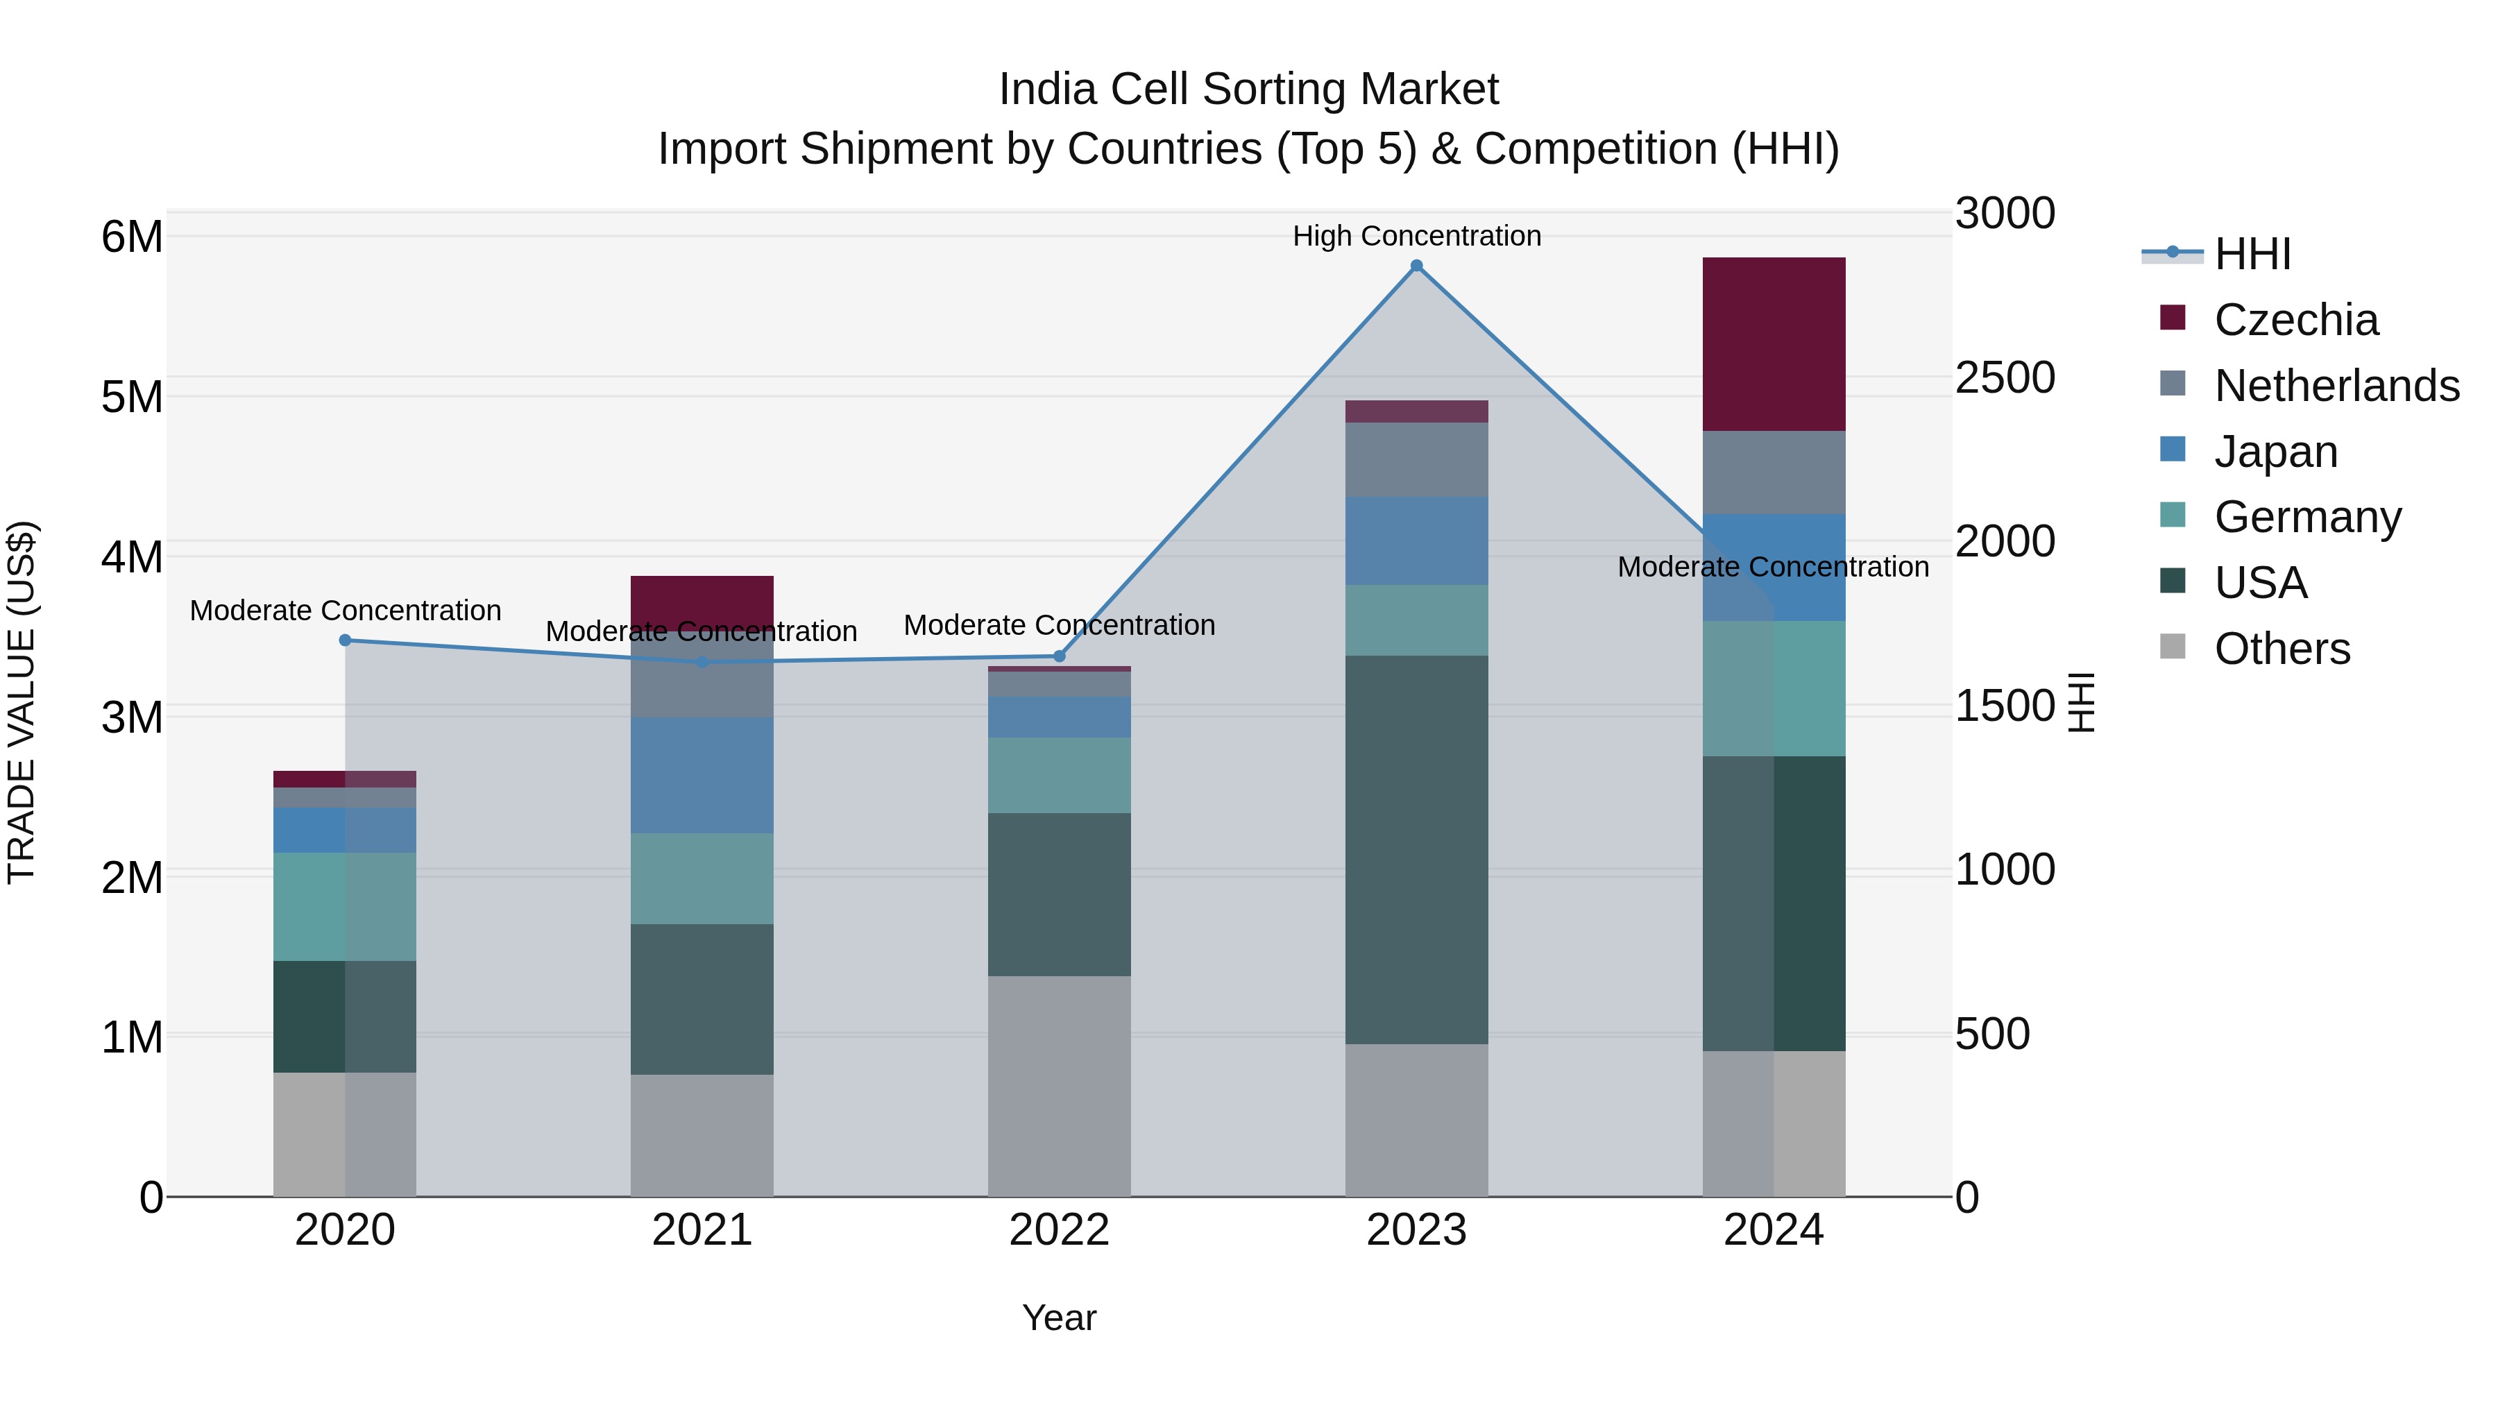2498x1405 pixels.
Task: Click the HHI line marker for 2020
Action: pos(346,640)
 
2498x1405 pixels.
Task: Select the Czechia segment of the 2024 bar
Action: pos(1774,344)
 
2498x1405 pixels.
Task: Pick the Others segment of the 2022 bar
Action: pos(1059,1086)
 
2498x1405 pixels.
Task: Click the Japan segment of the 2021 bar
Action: pos(702,776)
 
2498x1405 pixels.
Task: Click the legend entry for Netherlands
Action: pos(2335,386)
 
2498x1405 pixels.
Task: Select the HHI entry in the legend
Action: pos(2252,254)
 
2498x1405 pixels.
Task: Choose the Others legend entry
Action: pos(2281,649)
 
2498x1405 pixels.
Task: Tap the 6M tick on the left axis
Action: pos(132,237)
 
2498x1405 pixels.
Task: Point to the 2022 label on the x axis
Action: pos(1059,1230)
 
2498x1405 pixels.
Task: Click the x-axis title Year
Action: pos(1059,1318)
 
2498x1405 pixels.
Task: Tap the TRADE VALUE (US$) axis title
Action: pos(22,702)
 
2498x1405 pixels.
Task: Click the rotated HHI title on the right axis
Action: pos(2082,702)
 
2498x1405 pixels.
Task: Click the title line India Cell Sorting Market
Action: pos(1248,90)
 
